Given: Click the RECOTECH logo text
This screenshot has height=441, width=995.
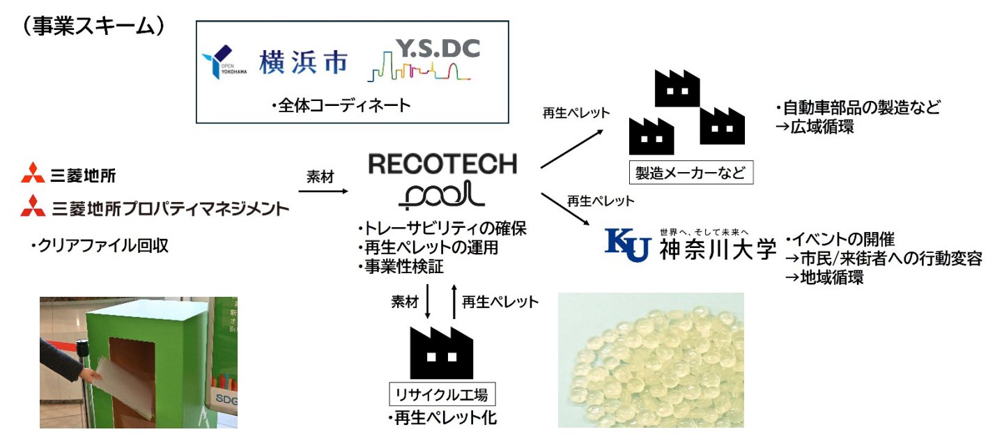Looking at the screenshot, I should [442, 164].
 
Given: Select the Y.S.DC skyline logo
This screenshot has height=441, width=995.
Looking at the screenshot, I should [424, 61].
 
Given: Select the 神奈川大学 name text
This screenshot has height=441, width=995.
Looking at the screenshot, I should [717, 250].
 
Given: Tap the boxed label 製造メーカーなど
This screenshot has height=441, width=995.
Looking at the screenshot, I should [691, 171].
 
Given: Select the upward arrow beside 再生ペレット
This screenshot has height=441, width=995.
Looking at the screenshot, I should [454, 302].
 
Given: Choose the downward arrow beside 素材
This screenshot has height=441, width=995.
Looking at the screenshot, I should [427, 302].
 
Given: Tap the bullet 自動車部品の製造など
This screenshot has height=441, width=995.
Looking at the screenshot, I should [857, 108].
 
